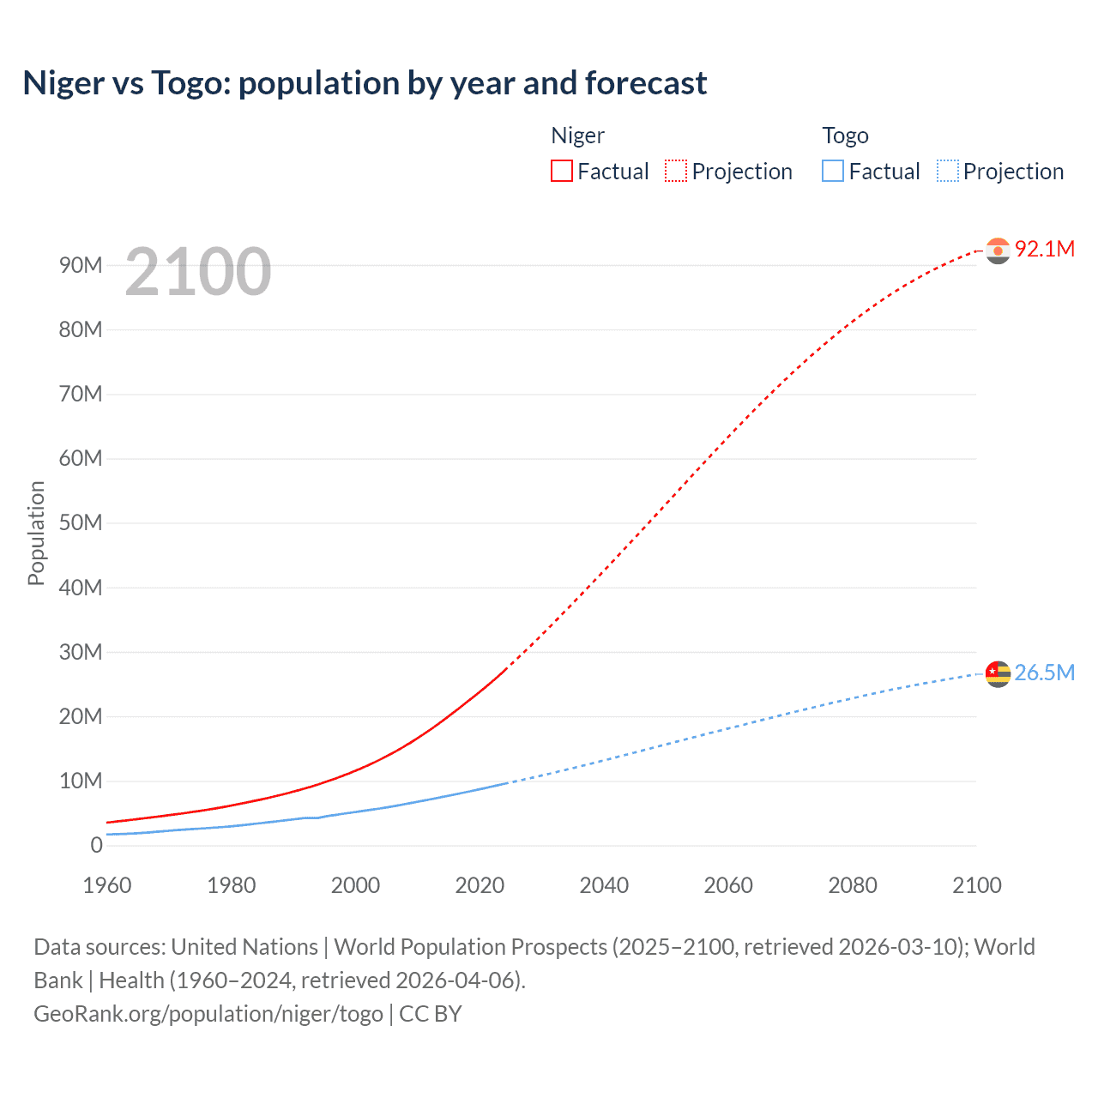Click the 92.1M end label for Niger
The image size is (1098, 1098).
[1044, 249]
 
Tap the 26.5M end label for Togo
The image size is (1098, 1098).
[1044, 673]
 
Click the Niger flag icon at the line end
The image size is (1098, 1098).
[998, 250]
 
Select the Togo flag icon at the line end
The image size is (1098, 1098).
[998, 674]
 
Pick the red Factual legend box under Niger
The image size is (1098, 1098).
[562, 171]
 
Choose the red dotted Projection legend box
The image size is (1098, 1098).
[676, 171]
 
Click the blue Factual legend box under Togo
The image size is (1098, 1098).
[833, 171]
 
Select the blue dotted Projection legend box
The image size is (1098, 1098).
[948, 171]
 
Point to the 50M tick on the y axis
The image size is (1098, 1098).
[81, 523]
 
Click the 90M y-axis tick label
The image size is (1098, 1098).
[81, 265]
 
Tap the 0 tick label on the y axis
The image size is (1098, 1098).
[96, 845]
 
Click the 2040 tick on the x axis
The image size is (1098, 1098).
[604, 885]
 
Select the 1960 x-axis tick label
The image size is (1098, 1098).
[107, 885]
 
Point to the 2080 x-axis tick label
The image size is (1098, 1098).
[853, 885]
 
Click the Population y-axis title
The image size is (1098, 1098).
[36, 533]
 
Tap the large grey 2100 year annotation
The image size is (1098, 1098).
[198, 272]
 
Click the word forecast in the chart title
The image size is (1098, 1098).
[646, 83]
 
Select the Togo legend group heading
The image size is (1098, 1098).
[845, 136]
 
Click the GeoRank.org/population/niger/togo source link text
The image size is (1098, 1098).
[208, 1014]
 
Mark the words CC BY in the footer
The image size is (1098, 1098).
[431, 1014]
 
